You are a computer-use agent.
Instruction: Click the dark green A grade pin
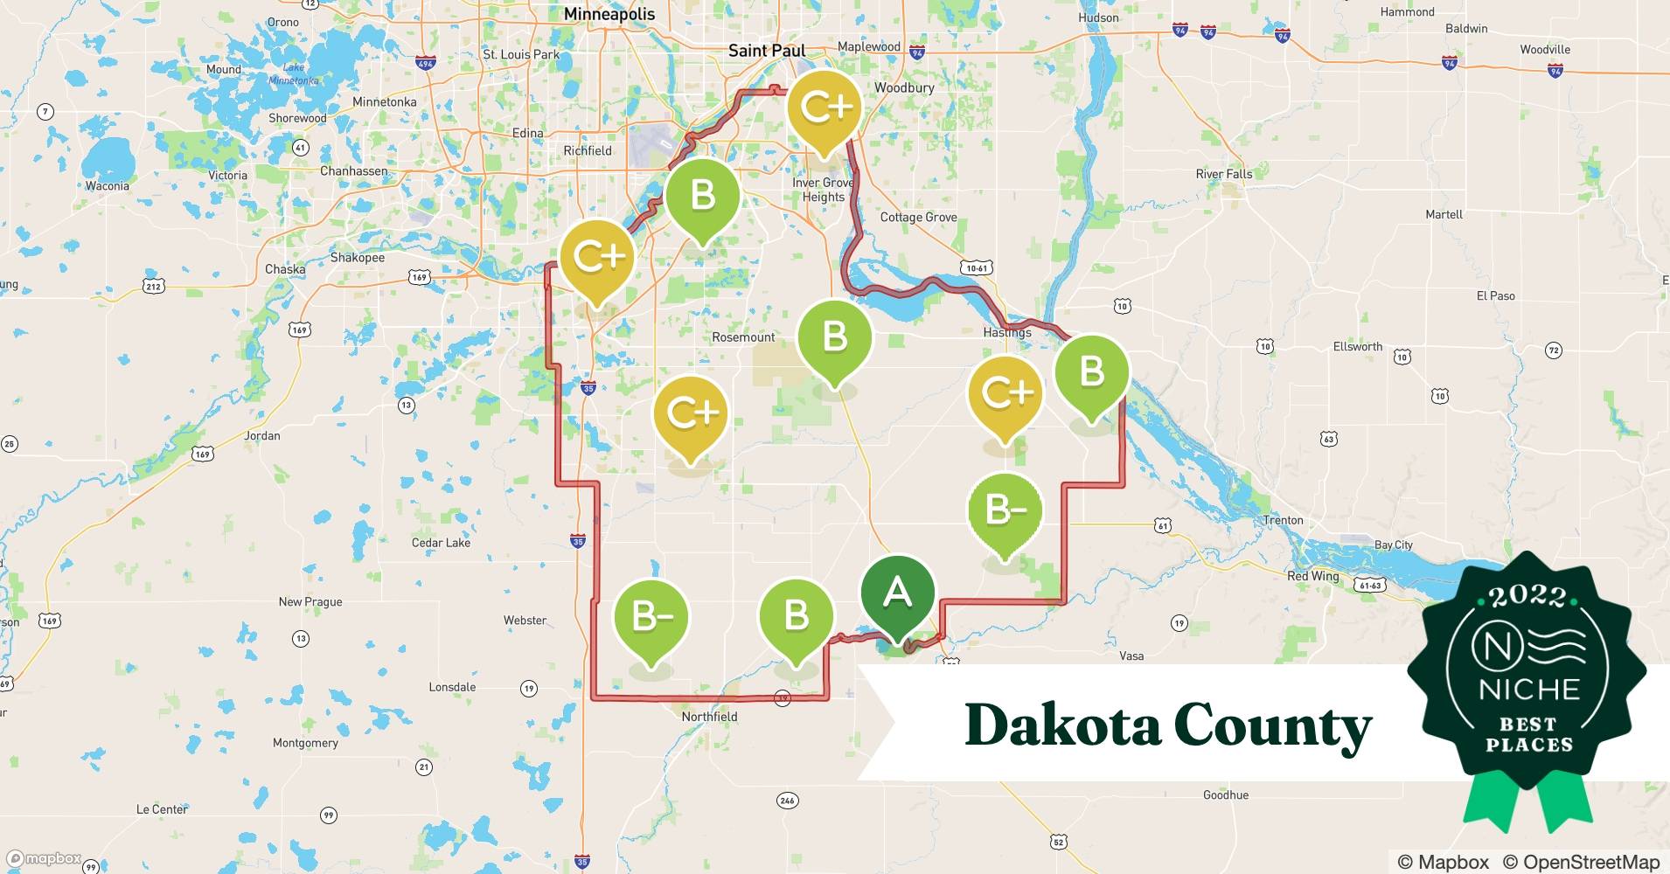[x=897, y=594]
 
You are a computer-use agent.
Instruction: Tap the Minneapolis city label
[x=609, y=14]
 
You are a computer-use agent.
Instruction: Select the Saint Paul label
[x=767, y=51]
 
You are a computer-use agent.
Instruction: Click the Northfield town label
[x=709, y=717]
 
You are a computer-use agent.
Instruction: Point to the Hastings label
[x=1007, y=332]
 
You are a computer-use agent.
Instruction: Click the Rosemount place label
[x=743, y=337]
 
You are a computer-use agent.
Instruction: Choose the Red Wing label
[x=1312, y=576]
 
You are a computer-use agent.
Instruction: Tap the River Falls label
[x=1223, y=174]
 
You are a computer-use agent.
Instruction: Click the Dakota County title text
[x=1168, y=725]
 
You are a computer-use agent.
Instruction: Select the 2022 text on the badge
[x=1527, y=596]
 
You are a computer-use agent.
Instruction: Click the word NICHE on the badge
[x=1529, y=690]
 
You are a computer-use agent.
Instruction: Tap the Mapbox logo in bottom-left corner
[x=44, y=858]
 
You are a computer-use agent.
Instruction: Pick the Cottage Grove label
[x=918, y=217]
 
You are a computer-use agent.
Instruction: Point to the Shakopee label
[x=357, y=258]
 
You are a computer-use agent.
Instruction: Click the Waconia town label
[x=107, y=186]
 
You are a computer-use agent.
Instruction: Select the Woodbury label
[x=904, y=87]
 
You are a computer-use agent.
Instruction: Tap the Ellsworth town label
[x=1357, y=347]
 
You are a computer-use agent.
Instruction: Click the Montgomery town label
[x=305, y=743]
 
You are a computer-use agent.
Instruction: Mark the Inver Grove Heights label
[x=823, y=190]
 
